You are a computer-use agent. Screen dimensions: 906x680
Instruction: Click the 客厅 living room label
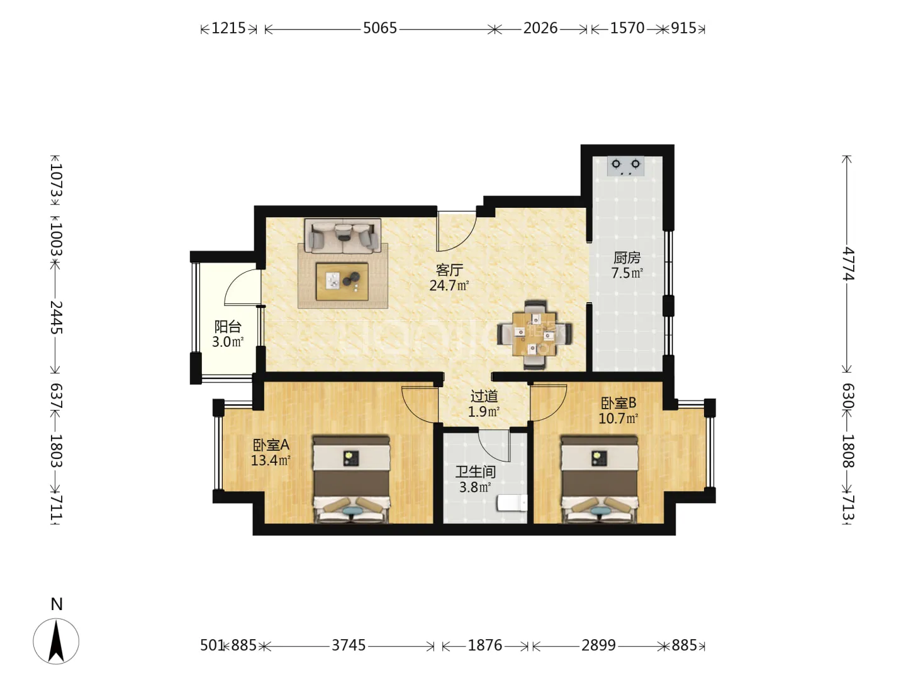tap(449, 271)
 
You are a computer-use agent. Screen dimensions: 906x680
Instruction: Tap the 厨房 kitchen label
tap(627, 258)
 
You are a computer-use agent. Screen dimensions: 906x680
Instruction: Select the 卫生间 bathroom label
tap(476, 472)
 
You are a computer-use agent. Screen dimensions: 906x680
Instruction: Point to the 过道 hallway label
tap(484, 397)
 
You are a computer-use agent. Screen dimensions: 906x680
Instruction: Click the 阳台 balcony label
tap(228, 327)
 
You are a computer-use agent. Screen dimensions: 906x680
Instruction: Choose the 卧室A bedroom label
tap(271, 445)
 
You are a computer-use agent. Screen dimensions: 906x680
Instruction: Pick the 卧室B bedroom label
tap(618, 402)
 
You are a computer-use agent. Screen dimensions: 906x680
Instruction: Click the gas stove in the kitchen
tap(626, 166)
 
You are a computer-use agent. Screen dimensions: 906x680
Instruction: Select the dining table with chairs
tap(535, 335)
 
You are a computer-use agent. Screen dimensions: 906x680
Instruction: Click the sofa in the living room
tap(343, 235)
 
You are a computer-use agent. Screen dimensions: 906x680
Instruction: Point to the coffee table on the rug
tap(342, 281)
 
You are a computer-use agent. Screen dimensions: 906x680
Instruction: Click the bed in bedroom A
tap(351, 479)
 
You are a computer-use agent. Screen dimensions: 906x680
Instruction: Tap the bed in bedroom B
tap(599, 479)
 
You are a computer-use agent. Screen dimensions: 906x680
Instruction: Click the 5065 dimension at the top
tap(380, 28)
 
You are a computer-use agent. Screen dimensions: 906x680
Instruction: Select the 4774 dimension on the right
tap(847, 264)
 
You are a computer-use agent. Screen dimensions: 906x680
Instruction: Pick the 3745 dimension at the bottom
tap(349, 645)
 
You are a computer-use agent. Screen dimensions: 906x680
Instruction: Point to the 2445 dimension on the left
tap(56, 317)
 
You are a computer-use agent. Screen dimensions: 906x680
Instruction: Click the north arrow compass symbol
tap(56, 641)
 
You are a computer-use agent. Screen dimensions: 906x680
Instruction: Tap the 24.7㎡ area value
tap(449, 285)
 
